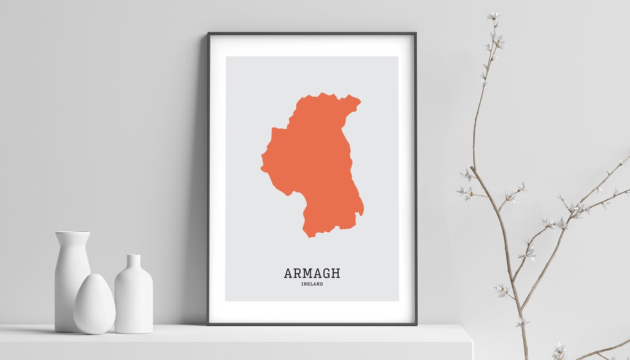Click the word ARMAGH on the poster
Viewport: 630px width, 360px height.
click(312, 273)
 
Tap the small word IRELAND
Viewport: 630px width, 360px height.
click(312, 284)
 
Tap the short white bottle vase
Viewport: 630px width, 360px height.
click(133, 299)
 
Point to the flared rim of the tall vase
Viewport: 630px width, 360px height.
click(72, 234)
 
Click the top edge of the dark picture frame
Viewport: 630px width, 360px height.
click(312, 34)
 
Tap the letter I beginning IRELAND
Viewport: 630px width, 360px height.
click(303, 284)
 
